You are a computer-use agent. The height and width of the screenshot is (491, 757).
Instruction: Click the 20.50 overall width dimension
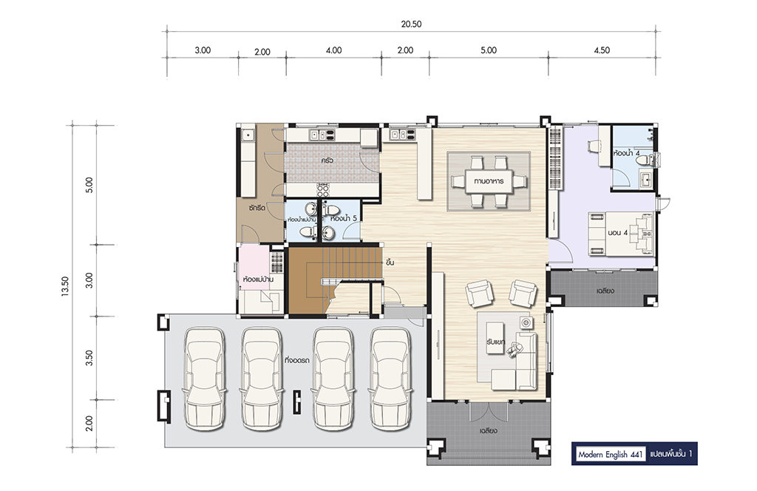click(x=411, y=24)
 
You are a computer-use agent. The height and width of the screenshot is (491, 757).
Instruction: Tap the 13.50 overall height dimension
click(x=65, y=286)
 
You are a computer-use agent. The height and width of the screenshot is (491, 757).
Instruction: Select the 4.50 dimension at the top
click(x=602, y=50)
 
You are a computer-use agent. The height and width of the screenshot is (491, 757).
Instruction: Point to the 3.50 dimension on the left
click(x=89, y=358)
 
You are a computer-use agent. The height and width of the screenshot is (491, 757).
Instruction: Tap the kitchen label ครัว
click(x=327, y=160)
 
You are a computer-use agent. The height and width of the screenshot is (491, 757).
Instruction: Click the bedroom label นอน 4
click(x=618, y=233)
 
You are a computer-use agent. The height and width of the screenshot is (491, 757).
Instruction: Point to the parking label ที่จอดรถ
click(x=297, y=360)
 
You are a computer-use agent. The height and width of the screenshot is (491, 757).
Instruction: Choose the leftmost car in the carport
click(x=205, y=379)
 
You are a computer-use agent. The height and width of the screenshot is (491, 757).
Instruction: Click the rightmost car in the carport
click(x=391, y=379)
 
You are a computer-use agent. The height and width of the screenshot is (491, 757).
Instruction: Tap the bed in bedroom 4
click(x=620, y=234)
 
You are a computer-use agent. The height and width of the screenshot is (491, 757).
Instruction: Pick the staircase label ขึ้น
click(x=390, y=263)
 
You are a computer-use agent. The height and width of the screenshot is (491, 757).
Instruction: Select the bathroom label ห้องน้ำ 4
click(x=627, y=154)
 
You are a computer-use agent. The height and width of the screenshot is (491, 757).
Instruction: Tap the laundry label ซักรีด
click(x=257, y=209)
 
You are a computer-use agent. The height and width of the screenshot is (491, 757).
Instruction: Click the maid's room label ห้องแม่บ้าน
click(x=259, y=280)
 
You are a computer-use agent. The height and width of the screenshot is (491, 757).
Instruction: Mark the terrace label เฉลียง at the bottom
click(x=488, y=430)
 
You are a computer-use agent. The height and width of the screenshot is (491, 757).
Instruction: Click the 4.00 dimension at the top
click(x=333, y=50)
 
